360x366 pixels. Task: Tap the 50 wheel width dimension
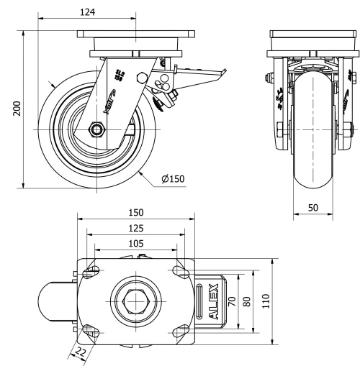(313, 207)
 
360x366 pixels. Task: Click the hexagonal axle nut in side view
(96, 129)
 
